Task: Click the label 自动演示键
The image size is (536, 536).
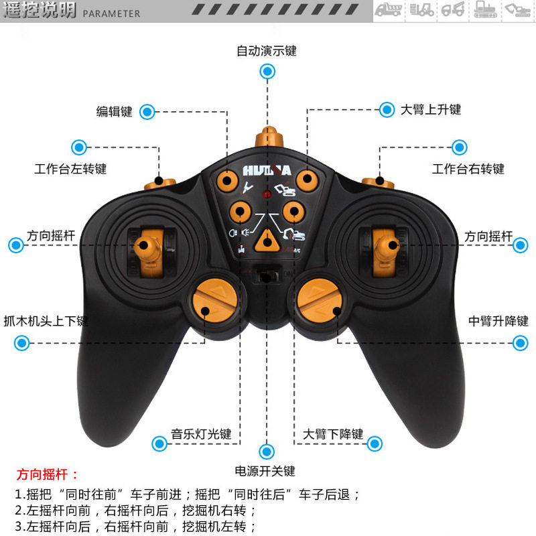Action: (267, 51)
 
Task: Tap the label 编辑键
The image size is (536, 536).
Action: (115, 112)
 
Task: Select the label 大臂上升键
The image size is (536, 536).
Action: (431, 109)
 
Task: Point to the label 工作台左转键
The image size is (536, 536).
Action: (70, 169)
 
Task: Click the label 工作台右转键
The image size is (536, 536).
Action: (468, 169)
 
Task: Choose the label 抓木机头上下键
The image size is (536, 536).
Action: (46, 321)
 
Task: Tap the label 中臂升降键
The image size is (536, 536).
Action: (498, 321)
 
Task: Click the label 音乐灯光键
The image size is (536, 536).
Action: (201, 434)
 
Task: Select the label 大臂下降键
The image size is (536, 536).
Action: (333, 434)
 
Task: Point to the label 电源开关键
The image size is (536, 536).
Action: (265, 471)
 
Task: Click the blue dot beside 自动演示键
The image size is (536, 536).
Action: (267, 71)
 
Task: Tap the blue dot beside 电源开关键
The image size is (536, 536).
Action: (267, 451)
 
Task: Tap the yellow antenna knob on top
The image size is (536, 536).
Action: (267, 138)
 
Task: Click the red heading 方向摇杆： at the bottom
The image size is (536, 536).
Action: (48, 475)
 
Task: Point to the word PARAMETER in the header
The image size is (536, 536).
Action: (112, 13)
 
